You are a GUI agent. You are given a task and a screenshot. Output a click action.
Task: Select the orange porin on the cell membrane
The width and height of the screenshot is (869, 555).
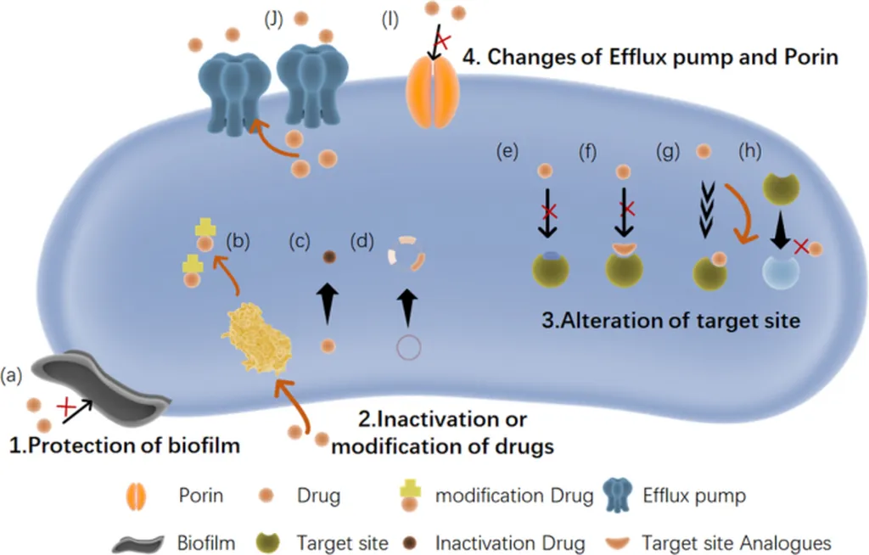(432, 92)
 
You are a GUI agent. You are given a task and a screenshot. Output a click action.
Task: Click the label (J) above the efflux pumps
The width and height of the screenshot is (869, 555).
(274, 20)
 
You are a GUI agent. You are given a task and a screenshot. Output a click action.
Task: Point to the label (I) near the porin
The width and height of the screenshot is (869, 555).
(390, 20)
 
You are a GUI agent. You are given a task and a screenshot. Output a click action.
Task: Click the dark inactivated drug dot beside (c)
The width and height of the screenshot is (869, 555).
(329, 256)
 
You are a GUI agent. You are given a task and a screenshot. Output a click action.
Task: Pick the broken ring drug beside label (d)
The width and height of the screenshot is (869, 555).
(406, 254)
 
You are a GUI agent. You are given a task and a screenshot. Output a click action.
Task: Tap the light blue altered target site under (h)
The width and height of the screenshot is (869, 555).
(781, 272)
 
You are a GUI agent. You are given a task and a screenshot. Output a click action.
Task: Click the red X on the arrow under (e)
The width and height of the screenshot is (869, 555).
(549, 211)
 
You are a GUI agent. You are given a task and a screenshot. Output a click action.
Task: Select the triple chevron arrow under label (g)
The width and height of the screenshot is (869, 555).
(707, 210)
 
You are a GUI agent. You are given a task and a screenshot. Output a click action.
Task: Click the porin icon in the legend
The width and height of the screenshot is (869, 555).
(137, 496)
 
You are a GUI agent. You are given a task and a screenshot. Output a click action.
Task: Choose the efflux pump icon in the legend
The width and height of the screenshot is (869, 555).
(619, 495)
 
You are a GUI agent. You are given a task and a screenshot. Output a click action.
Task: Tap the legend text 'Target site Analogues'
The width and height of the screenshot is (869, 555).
(737, 543)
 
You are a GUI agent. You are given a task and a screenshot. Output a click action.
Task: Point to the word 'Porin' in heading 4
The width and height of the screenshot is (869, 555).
(810, 57)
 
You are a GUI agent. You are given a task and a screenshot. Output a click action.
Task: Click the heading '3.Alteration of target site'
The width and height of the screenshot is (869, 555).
(670, 321)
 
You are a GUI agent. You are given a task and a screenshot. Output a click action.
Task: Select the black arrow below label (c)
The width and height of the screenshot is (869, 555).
(328, 303)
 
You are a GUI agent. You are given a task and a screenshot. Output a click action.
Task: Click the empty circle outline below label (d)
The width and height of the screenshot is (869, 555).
(408, 348)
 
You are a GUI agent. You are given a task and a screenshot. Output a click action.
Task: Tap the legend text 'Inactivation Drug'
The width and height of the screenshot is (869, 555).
(510, 543)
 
